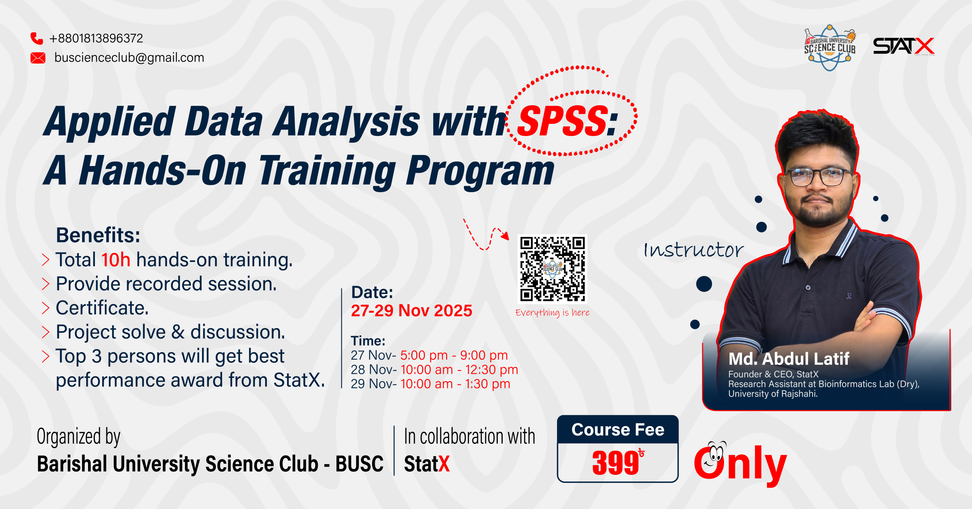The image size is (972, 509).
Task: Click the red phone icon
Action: pyautogui.click(x=37, y=38)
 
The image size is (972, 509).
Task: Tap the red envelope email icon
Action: pyautogui.click(x=38, y=58)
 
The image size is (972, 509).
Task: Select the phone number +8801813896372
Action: pyautogui.click(x=96, y=38)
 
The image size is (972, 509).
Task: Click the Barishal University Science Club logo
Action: pyautogui.click(x=830, y=48)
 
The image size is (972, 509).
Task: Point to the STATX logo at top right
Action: pyautogui.click(x=904, y=46)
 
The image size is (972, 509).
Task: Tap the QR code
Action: pyautogui.click(x=552, y=269)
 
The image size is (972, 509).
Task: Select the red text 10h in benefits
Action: pyautogui.click(x=116, y=260)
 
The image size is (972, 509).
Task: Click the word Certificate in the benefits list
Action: pyautogui.click(x=102, y=308)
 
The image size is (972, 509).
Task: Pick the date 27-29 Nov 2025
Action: pyautogui.click(x=412, y=311)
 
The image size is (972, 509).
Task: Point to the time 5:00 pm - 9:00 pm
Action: pyautogui.click(x=454, y=356)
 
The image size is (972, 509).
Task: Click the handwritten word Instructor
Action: pyautogui.click(x=694, y=250)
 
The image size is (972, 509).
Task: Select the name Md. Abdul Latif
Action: pyautogui.click(x=789, y=359)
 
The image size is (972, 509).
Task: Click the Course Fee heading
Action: pyautogui.click(x=618, y=430)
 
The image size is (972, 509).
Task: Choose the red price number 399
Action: pyautogui.click(x=615, y=463)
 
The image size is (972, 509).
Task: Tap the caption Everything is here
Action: pyautogui.click(x=552, y=313)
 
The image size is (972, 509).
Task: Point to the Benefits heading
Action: pyautogui.click(x=98, y=235)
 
